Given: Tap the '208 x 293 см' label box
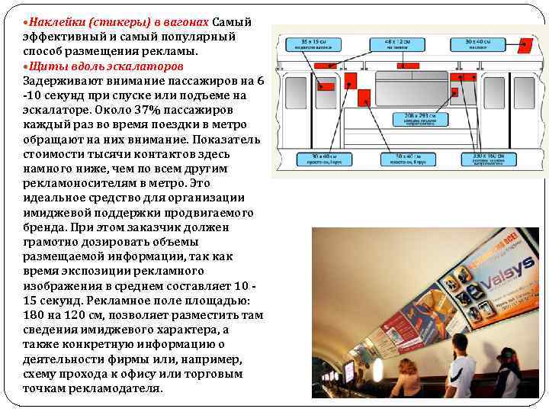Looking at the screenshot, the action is pos(415,120).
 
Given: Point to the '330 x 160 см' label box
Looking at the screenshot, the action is pos(487,159).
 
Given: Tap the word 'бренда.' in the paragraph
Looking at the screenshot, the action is pos(45,227).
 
